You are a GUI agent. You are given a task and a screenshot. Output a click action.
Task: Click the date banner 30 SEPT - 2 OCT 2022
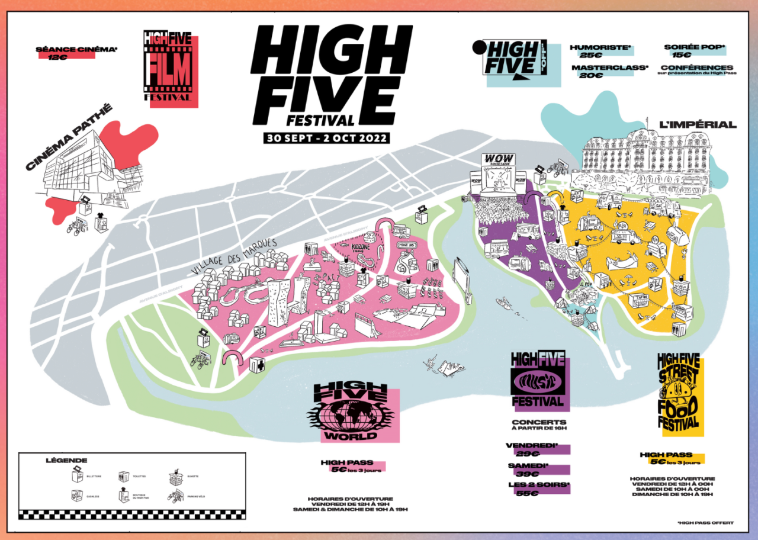click(327, 138)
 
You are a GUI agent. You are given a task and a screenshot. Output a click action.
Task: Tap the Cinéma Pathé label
click(68, 138)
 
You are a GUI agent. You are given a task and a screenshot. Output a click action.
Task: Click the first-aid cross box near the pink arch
click(256, 364)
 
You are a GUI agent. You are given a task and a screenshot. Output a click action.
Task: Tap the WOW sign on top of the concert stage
click(498, 159)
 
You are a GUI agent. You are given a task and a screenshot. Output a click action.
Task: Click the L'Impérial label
click(698, 124)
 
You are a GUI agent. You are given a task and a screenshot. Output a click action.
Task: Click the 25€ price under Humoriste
click(589, 55)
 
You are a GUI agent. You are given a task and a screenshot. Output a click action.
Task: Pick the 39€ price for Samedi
click(531, 474)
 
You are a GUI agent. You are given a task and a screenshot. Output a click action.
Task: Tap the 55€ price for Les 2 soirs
click(531, 493)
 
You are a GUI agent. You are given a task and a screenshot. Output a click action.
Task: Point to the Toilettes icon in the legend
click(124, 477)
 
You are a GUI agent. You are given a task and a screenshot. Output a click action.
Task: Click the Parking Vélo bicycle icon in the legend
click(175, 495)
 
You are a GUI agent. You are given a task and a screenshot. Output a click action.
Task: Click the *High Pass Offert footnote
click(705, 522)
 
